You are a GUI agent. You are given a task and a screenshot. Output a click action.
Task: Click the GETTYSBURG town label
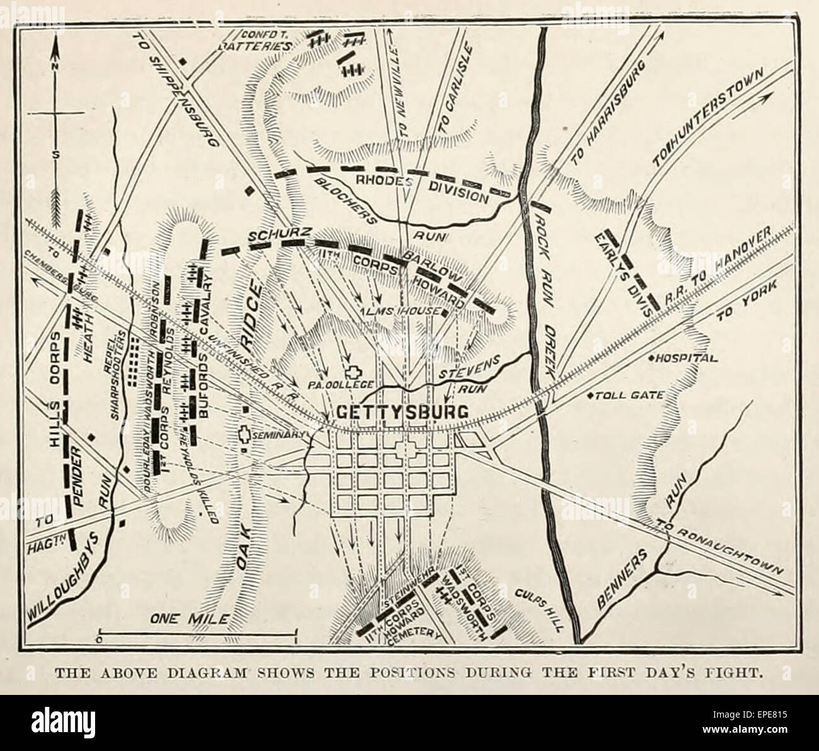[404, 412]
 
